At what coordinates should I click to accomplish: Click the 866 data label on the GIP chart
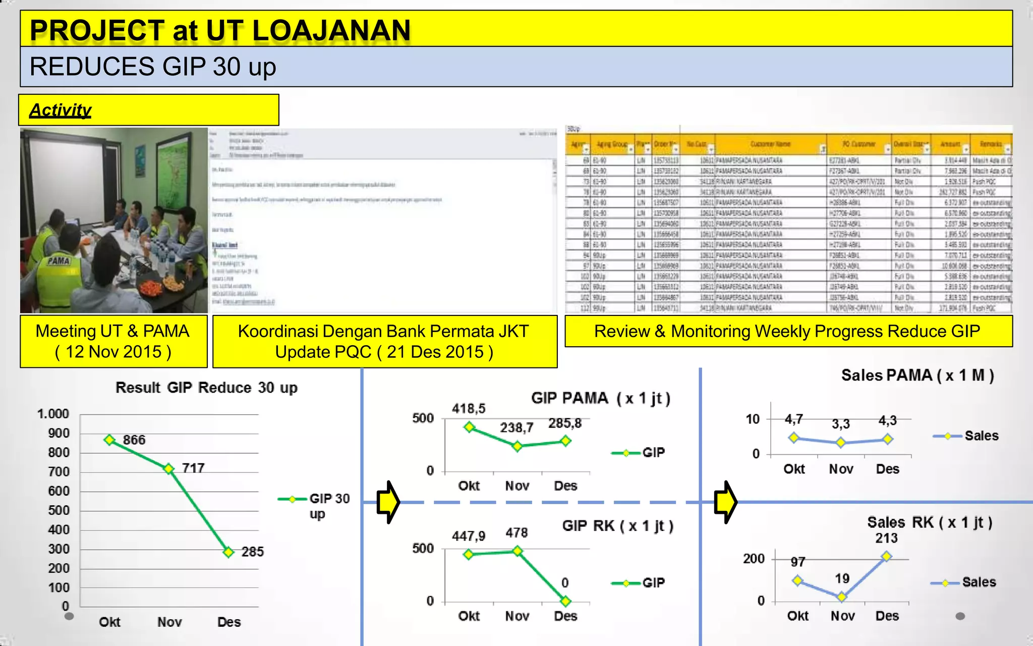(134, 440)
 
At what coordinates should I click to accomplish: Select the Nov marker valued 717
(169, 469)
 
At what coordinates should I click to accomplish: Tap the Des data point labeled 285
(228, 552)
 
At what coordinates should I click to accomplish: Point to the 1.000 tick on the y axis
(53, 414)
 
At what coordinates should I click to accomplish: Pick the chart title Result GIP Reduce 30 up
(206, 388)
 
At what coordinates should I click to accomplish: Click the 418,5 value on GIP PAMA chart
(469, 408)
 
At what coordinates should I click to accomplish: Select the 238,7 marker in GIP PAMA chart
(517, 446)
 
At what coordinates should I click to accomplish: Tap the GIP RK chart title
(617, 526)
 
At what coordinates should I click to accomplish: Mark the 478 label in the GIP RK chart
(516, 533)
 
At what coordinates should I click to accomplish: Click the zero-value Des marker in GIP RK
(565, 601)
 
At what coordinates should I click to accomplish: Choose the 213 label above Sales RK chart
(886, 538)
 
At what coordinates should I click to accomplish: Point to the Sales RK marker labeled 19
(841, 597)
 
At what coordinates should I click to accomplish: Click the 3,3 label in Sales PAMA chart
(841, 424)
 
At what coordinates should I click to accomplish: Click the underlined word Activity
(61, 110)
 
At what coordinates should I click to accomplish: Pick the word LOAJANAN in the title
(331, 30)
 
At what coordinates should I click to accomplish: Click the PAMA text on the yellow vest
(59, 261)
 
